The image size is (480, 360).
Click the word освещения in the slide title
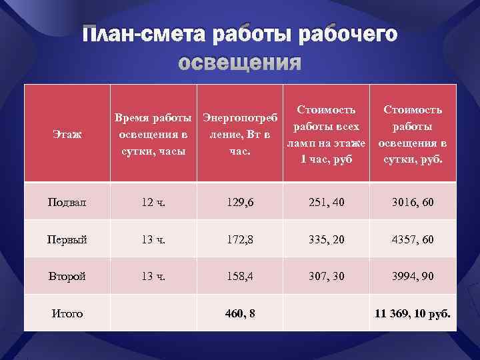click(240, 63)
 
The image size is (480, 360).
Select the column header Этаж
click(67, 135)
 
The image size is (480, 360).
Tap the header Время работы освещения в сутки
click(154, 135)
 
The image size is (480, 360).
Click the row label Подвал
click(67, 201)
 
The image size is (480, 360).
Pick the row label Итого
click(67, 313)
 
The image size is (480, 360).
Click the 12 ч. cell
click(154, 201)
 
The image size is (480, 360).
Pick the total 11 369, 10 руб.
click(412, 313)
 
